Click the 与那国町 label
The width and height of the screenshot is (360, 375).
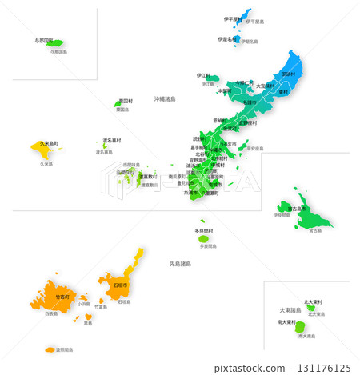point(44,39)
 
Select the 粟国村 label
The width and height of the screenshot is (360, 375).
point(124,101)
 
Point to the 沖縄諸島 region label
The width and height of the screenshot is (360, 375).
point(165,98)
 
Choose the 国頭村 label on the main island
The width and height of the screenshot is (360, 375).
point(288,74)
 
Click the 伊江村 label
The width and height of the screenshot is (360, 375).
point(205,75)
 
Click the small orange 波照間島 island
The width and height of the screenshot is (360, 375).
point(50,349)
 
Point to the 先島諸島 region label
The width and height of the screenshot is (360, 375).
point(181,263)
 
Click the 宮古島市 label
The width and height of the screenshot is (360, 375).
point(297,208)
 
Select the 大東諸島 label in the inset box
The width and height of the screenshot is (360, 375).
point(290,309)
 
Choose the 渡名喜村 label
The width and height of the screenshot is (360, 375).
point(112,140)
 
